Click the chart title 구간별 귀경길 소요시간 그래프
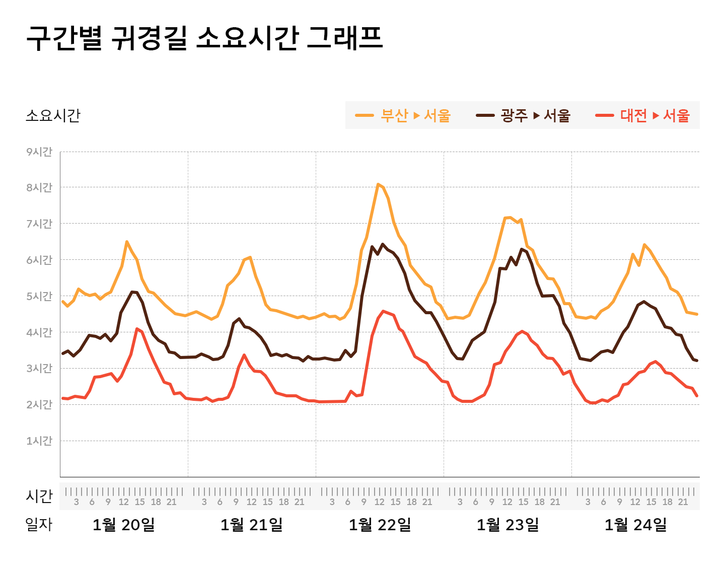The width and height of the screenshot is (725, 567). point(204,38)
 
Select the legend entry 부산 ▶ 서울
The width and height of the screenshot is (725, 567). point(403,115)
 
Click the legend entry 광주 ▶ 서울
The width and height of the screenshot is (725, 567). point(523,115)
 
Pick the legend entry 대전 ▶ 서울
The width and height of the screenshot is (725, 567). point(642,115)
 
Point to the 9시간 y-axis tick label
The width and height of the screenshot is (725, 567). point(39,152)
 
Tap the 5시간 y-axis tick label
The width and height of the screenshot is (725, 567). point(39,296)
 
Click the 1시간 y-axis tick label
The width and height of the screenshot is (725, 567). point(39,441)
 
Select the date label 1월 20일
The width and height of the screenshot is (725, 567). point(124,525)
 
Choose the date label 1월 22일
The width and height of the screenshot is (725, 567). point(380,525)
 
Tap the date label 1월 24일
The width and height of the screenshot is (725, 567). point(635,525)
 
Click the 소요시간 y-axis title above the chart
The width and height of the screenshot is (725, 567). point(53,115)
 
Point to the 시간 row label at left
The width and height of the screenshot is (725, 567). point(39,496)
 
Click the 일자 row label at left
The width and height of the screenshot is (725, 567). point(39,525)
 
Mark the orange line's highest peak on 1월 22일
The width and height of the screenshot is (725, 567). point(378,184)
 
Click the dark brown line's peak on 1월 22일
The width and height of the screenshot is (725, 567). point(383,244)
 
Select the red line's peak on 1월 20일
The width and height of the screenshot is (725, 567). point(136,329)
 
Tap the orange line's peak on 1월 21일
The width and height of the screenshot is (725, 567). point(250,257)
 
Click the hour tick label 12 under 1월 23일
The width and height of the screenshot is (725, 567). point(507,502)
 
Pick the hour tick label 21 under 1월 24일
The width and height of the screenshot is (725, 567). point(683,502)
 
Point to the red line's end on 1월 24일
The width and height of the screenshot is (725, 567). point(697,396)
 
